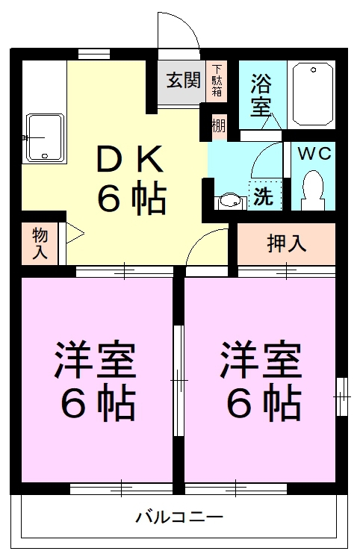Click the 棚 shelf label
(217, 125)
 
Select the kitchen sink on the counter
(44, 137)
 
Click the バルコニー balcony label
(179, 517)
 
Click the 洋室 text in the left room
(94, 361)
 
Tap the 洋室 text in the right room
(260, 361)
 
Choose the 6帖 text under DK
(131, 198)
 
